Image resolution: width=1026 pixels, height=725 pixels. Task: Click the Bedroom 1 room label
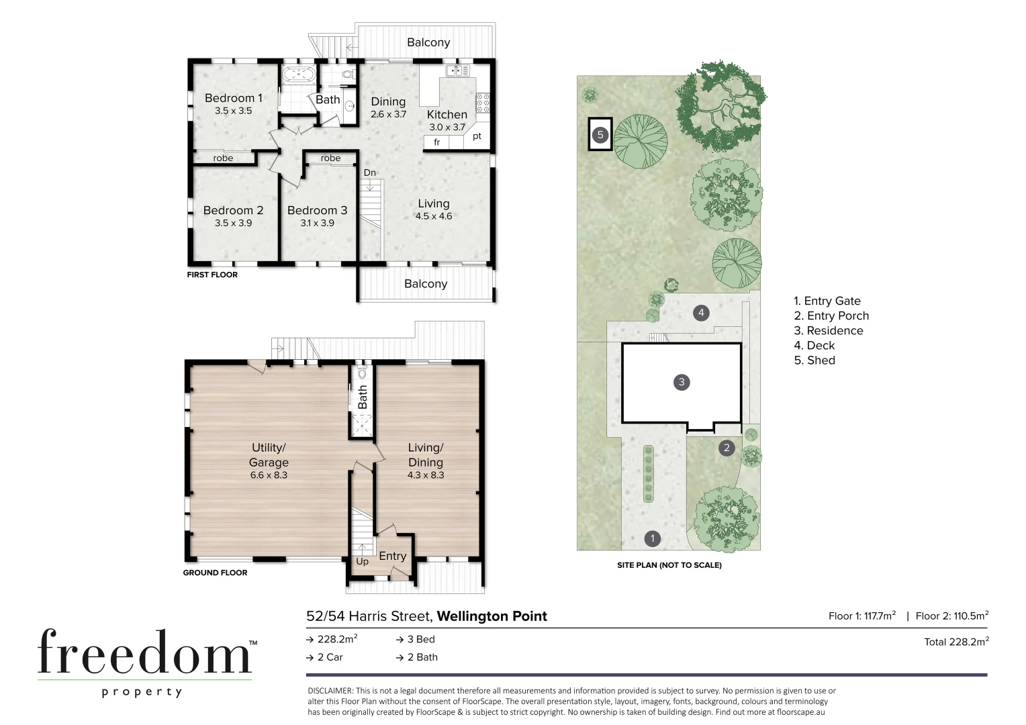233,98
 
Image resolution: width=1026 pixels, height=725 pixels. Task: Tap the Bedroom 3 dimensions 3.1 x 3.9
317,223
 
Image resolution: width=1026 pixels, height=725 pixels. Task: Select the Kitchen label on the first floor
447,115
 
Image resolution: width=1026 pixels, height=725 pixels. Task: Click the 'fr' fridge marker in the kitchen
436,142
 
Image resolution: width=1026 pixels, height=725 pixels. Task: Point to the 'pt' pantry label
477,136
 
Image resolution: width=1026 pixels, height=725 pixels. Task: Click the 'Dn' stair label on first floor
369,173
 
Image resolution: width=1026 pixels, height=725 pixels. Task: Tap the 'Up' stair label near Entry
362,561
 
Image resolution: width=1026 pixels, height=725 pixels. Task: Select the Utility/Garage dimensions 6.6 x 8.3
269,475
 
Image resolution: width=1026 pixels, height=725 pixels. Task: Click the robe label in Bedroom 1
223,158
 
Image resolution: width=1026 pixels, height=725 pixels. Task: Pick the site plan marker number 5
600,135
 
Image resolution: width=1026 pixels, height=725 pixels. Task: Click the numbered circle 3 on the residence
682,382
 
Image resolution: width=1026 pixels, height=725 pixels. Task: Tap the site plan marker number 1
652,538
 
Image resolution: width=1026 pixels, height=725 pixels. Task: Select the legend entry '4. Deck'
814,345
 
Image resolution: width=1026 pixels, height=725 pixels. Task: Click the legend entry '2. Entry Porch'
831,316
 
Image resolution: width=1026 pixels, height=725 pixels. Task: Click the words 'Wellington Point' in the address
492,616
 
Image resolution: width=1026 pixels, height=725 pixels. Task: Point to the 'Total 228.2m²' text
955,642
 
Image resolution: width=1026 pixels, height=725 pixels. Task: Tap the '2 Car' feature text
330,657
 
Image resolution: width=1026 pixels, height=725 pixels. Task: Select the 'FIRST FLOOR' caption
212,275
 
